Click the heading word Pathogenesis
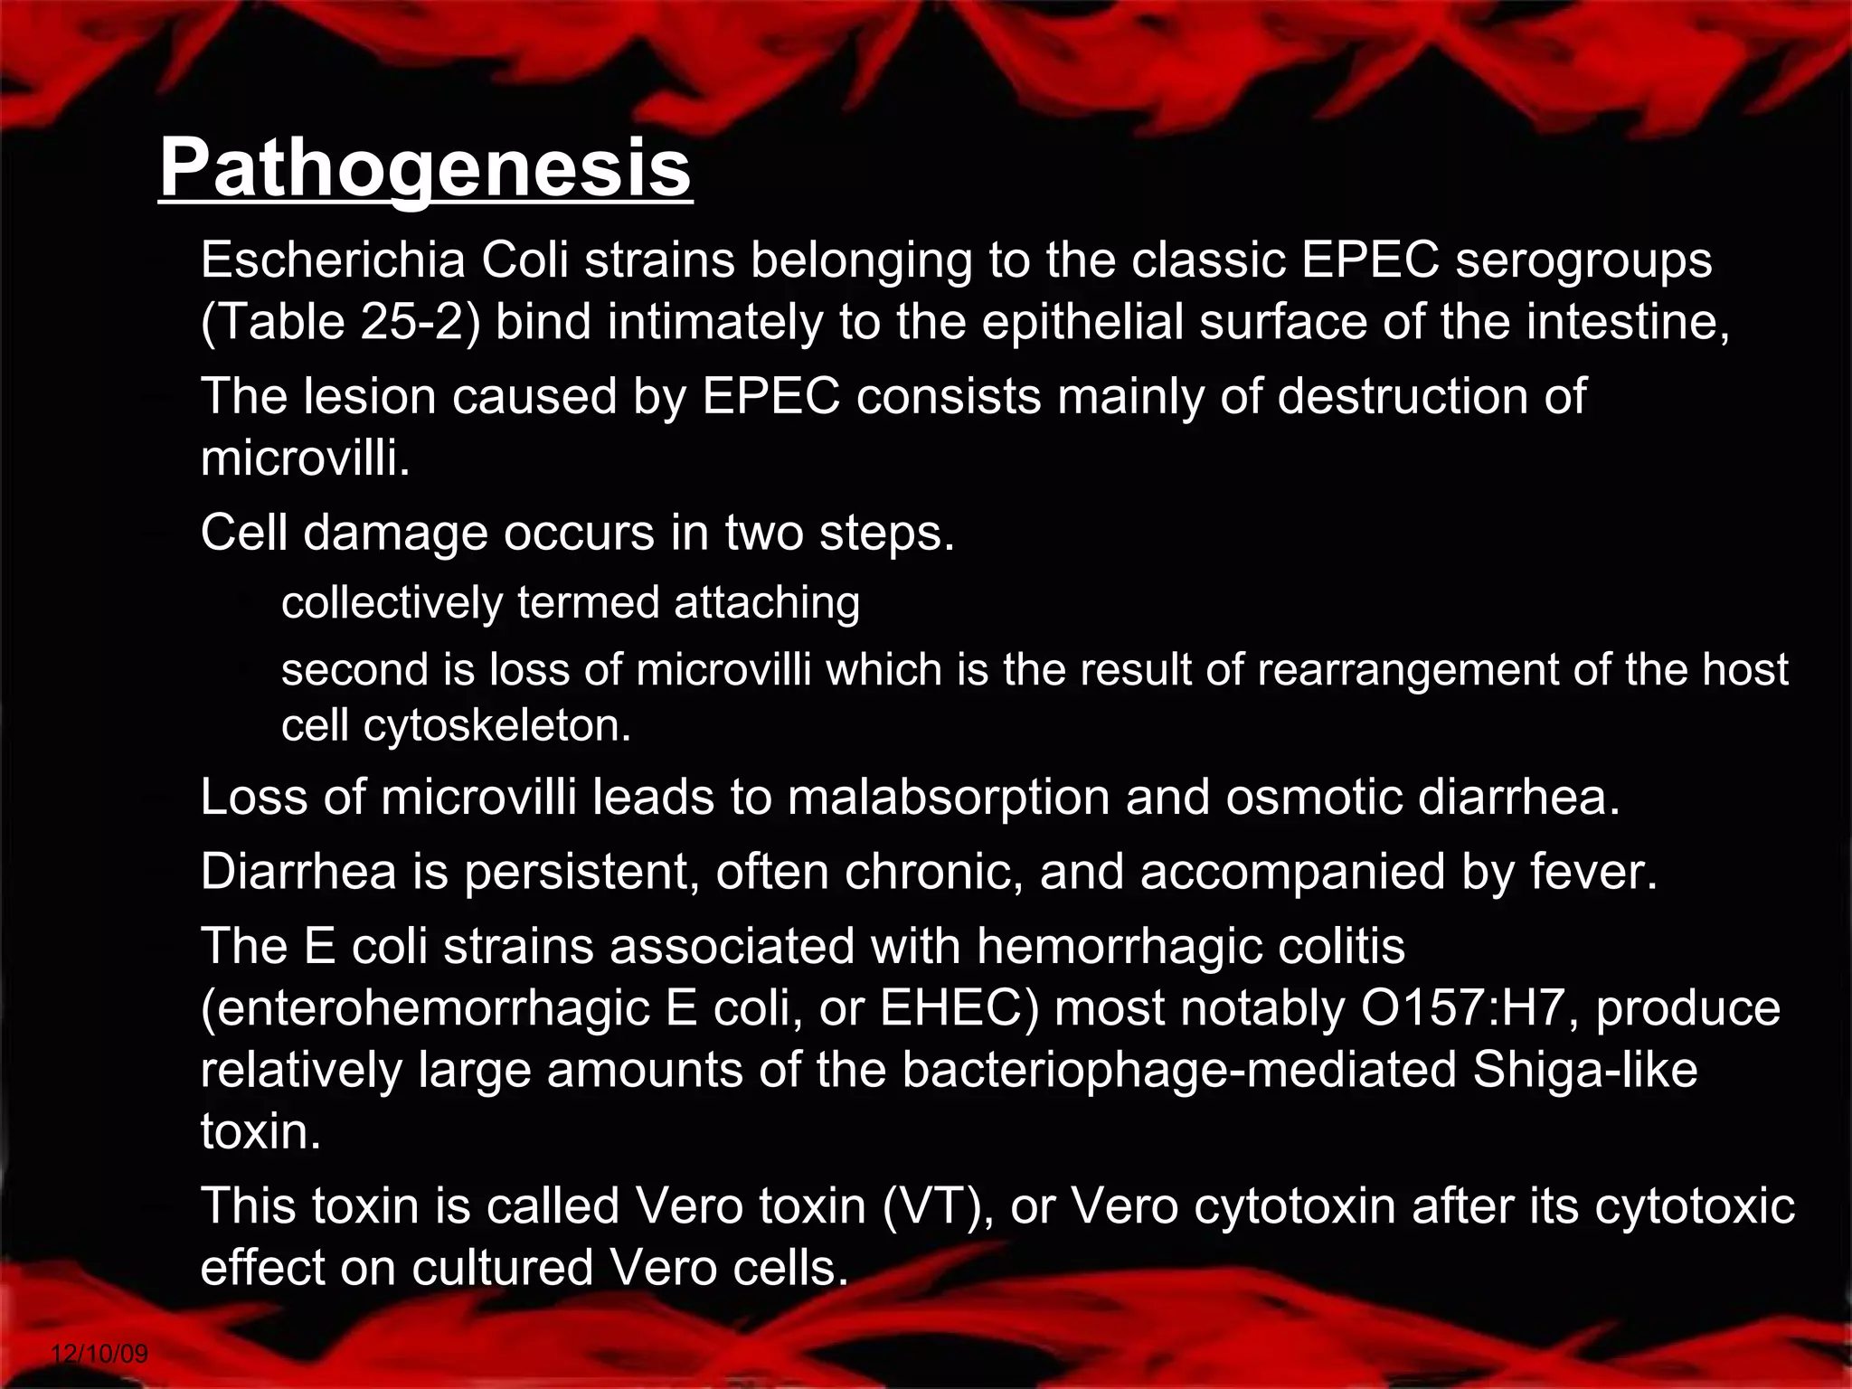coord(425,168)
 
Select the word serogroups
coord(1583,260)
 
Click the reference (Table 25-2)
coord(340,322)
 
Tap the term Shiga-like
coord(1585,1070)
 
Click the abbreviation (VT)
coord(938,1206)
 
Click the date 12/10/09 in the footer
coord(99,1354)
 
